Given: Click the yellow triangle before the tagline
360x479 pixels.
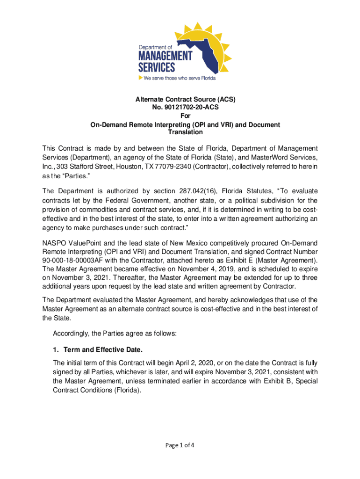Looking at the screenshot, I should coord(140,78).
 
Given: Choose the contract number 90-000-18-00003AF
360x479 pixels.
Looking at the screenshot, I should coord(75,260).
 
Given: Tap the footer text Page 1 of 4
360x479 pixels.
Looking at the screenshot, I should coord(180,445).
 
